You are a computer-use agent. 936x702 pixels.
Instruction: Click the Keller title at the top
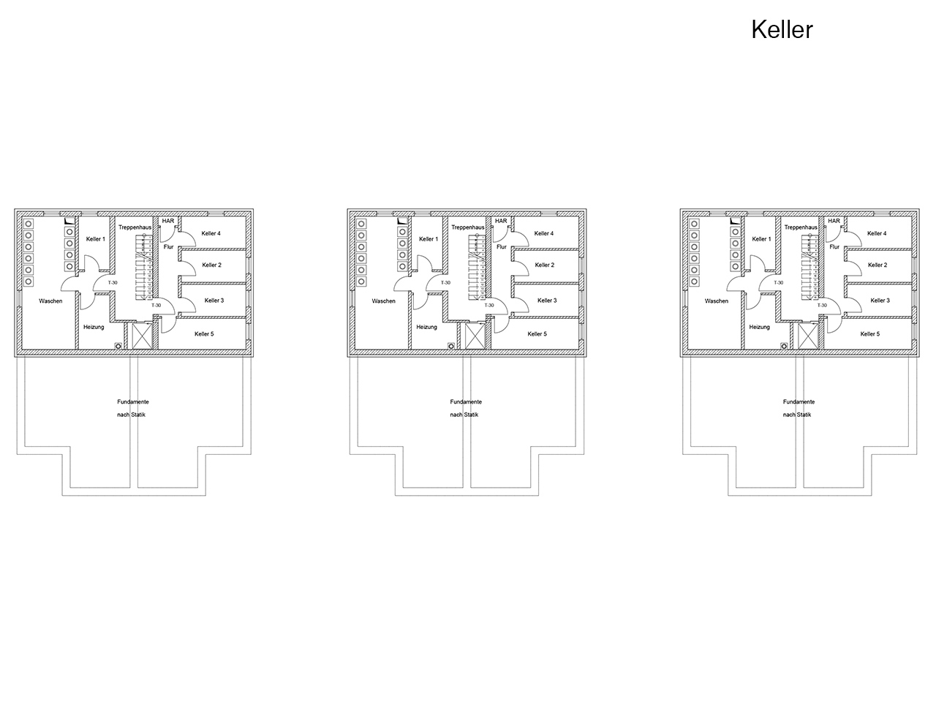click(782, 30)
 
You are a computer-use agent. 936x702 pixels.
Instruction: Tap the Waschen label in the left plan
click(50, 301)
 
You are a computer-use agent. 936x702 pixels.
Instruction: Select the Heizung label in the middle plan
click(426, 327)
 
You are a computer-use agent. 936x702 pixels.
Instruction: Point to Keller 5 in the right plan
click(870, 333)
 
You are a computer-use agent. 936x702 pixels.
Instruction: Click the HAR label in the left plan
click(168, 221)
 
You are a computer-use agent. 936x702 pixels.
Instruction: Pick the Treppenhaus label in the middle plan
click(468, 227)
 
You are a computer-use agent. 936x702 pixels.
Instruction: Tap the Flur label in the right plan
click(834, 246)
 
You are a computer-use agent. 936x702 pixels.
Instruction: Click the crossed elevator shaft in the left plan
click(142, 336)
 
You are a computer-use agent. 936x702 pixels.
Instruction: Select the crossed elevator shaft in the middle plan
click(475, 336)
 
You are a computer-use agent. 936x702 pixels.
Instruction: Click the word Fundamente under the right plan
click(799, 401)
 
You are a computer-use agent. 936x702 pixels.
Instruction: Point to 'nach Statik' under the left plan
click(132, 415)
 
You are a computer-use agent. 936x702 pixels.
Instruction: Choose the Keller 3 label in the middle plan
click(547, 300)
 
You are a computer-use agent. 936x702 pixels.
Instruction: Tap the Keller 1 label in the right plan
click(761, 238)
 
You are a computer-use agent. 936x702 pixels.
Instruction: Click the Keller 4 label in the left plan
click(211, 233)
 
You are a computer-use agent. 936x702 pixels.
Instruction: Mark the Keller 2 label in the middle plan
click(545, 265)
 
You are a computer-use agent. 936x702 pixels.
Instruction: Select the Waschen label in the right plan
click(717, 301)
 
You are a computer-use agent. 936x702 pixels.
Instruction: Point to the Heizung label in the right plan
click(760, 327)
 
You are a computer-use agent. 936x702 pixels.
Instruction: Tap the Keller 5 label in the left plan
click(204, 333)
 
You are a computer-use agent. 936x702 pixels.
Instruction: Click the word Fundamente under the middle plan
click(466, 401)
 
